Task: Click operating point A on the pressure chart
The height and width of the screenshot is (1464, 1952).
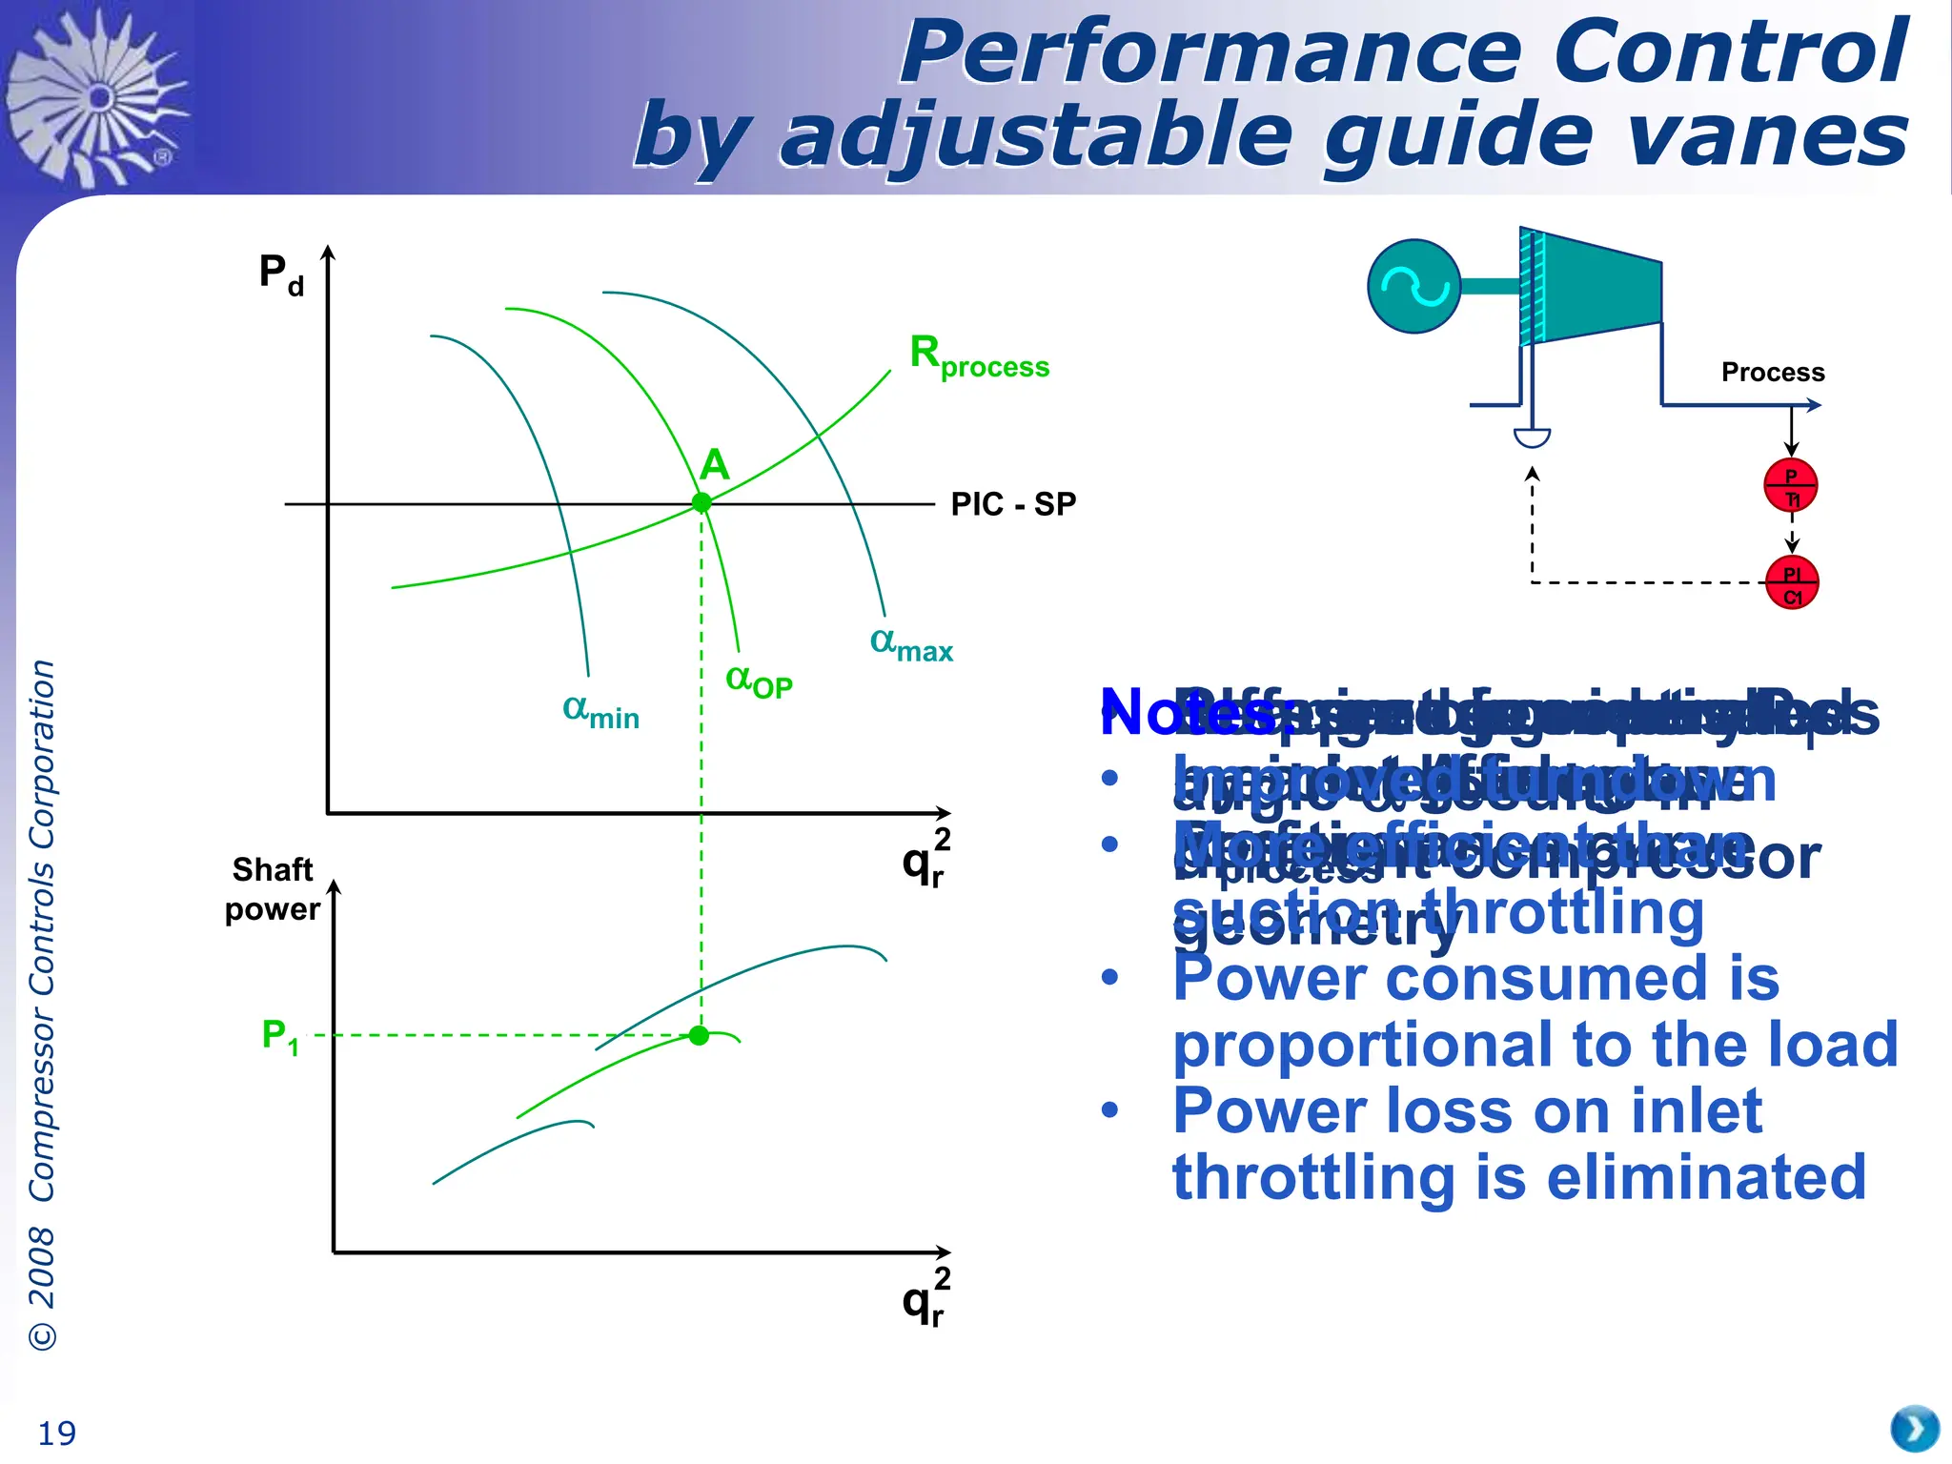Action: coord(701,502)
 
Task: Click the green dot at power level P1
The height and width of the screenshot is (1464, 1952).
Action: coord(699,1035)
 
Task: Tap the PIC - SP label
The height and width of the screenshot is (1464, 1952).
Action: coord(1013,504)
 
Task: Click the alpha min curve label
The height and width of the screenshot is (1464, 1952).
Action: coord(600,711)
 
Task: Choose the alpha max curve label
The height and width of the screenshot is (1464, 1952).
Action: coord(911,644)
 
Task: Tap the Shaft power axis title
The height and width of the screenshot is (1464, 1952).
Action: coord(273,889)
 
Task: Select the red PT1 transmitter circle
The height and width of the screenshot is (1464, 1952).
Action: coord(1791,486)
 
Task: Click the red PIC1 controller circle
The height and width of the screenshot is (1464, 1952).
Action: coord(1792,583)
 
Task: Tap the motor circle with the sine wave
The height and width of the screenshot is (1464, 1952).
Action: coord(1414,286)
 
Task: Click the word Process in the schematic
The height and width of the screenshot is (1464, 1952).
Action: coord(1773,373)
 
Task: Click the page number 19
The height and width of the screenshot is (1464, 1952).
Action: coord(56,1433)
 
